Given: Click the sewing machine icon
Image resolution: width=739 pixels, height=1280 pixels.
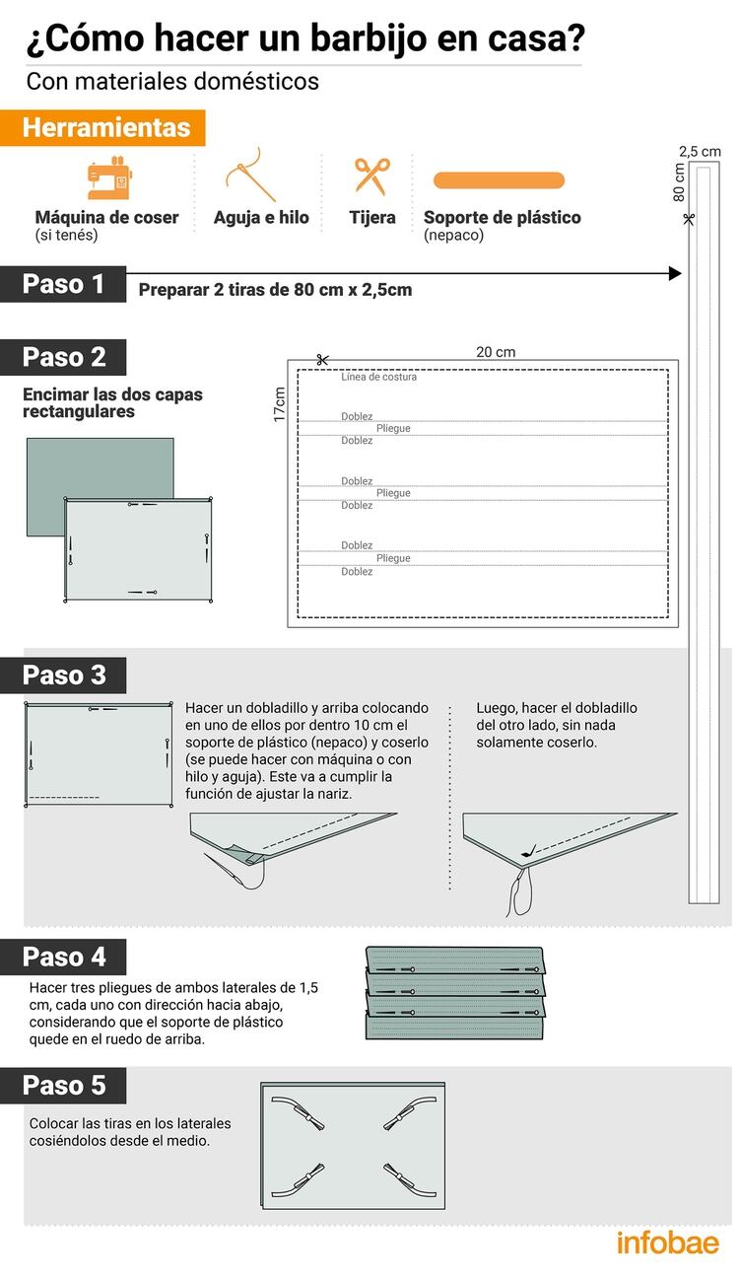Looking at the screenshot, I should click(109, 178).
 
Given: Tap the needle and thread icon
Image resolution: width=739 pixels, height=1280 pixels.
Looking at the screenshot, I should click(251, 176).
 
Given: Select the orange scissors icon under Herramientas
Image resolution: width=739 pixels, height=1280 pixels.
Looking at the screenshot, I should click(372, 175).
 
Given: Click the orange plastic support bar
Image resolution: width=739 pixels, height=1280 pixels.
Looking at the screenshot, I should click(499, 180).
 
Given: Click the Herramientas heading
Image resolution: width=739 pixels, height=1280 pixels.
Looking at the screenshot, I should click(106, 128).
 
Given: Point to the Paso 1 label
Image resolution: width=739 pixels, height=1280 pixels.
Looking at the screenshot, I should click(64, 284).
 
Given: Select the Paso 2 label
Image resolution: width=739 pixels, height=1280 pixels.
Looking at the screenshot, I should click(64, 357).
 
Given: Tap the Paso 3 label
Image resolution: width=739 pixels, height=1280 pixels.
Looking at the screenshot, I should click(64, 676).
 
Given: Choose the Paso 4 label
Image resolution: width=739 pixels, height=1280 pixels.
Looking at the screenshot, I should click(64, 957).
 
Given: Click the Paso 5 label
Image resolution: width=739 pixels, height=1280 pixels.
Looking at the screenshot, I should click(64, 1086).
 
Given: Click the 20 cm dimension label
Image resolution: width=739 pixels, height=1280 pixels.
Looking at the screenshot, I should click(496, 352).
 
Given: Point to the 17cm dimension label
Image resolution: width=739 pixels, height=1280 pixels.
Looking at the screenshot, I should click(280, 404).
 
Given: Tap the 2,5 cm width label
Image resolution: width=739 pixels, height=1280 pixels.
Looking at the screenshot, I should click(700, 151).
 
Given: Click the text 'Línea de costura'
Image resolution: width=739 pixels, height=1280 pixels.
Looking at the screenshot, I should click(378, 377).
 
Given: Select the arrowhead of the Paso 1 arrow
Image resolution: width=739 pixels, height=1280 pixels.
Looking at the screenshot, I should click(675, 273).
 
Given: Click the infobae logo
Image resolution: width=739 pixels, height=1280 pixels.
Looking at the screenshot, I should click(667, 1243).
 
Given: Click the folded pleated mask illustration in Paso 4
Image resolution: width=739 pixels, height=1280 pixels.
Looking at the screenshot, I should click(455, 992).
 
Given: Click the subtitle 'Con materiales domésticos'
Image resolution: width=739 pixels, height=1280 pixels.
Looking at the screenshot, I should click(172, 81).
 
